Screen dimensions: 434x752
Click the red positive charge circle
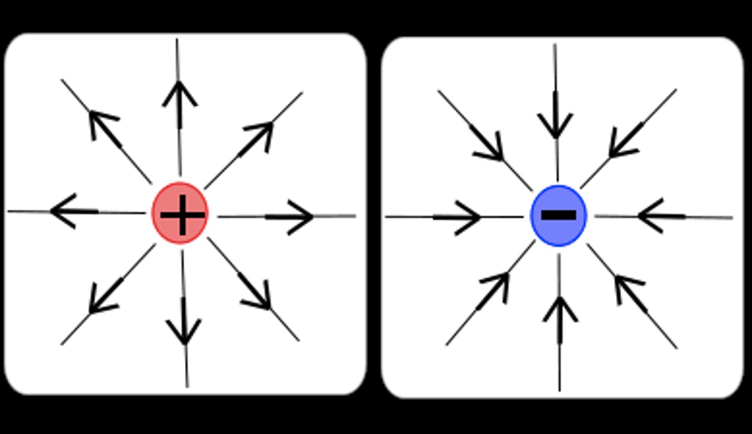180,213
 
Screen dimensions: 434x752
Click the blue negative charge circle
559,215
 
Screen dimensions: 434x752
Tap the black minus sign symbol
559,215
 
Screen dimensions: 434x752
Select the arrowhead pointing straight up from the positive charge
180,94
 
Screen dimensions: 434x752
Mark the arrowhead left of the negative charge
467,217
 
